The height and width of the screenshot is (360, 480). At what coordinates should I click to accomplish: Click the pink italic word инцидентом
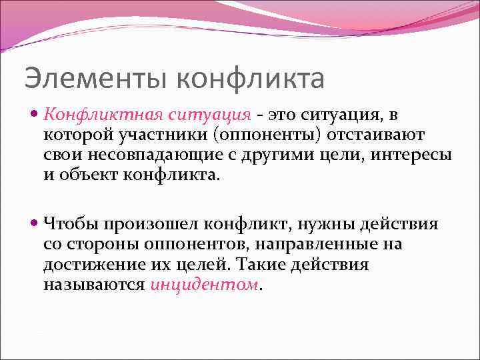coord(204,284)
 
